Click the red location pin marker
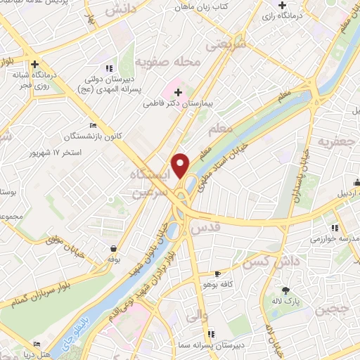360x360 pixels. click(x=181, y=165)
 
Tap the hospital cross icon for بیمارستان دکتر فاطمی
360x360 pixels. click(x=178, y=91)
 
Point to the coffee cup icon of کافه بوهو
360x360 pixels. click(x=217, y=274)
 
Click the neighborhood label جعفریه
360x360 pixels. click(x=333, y=141)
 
